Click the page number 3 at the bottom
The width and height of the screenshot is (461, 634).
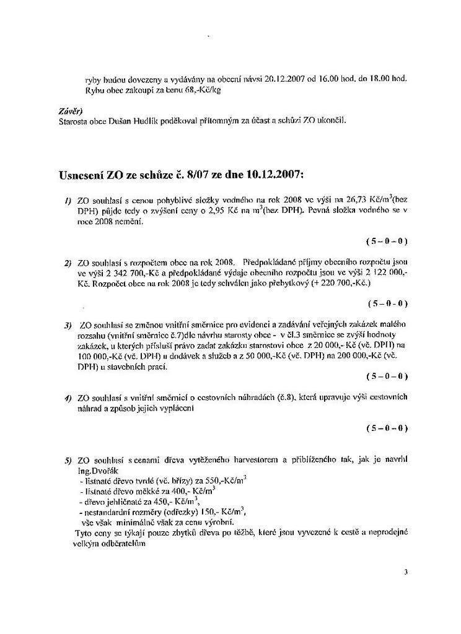(406, 571)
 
